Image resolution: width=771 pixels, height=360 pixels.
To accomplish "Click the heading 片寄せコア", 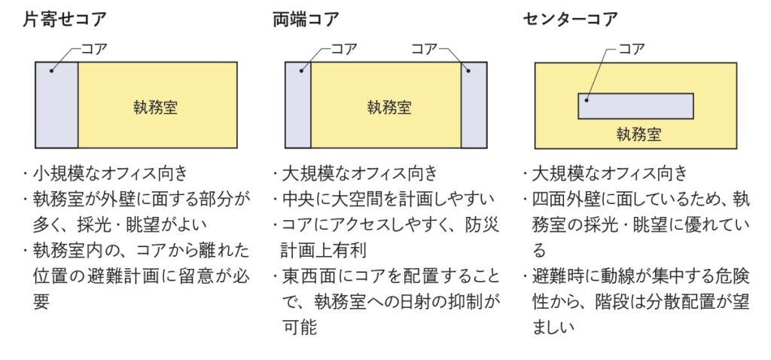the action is pos(65,19).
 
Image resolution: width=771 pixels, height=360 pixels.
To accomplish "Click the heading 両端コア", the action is pos(306,19).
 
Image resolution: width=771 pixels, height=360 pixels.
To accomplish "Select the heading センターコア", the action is pos(570,19).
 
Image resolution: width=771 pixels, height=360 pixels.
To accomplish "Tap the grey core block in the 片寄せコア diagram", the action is pos(56,105).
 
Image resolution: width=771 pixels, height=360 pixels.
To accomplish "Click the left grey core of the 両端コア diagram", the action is pos(298,105).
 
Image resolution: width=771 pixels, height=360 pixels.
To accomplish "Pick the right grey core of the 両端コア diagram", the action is pos(474,105).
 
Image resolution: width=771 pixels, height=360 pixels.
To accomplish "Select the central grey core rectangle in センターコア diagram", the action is pos(635,106).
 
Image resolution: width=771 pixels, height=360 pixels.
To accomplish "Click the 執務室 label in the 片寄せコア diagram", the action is pos(155,107).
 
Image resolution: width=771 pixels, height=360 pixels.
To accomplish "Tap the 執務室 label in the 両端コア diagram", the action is pos(389,107).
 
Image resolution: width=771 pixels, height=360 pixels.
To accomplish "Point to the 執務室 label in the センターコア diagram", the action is pos(639,134).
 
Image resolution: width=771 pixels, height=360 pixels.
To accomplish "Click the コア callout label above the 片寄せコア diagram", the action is pos(94,49).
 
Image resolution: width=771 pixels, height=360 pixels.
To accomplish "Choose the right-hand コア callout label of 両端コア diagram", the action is pos(425,49).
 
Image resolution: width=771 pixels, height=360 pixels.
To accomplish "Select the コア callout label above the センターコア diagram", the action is pos(632,49).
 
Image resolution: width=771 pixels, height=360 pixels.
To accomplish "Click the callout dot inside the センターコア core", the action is pos(586,100).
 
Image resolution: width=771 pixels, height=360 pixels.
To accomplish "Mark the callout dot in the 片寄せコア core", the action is pos(51,71).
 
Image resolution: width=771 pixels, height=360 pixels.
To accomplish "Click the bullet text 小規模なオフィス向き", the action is pos(111,174).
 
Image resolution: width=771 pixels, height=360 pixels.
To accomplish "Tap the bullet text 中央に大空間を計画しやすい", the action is pos(388,199).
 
